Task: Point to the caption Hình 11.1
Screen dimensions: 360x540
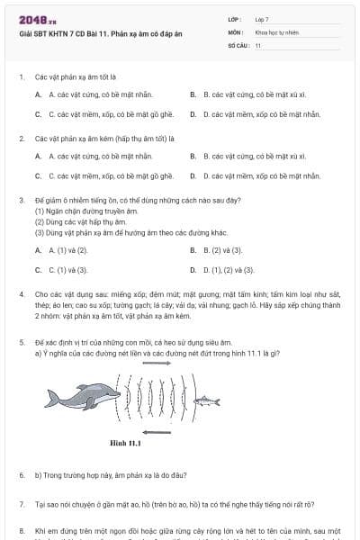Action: [127, 443]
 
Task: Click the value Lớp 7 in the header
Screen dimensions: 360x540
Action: [262, 19]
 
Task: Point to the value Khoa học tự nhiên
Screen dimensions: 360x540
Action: [274, 31]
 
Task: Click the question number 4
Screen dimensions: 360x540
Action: [21, 294]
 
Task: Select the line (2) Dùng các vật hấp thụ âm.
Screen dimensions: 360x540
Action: [80, 220]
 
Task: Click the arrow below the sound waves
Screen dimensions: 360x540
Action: [157, 432]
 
